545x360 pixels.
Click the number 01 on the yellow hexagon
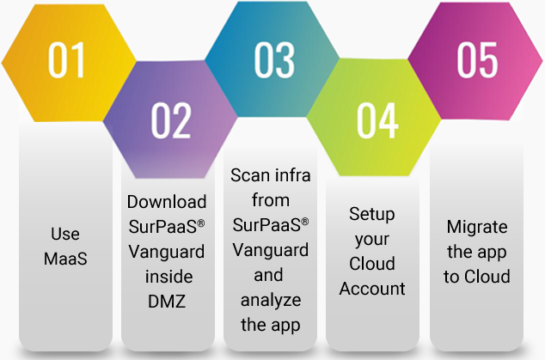click(x=66, y=60)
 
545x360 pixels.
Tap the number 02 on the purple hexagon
click(x=171, y=120)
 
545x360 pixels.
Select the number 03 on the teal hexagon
click(x=274, y=60)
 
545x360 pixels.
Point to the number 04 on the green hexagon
click(x=377, y=120)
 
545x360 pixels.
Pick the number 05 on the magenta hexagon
click(x=477, y=60)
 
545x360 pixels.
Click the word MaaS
click(x=65, y=259)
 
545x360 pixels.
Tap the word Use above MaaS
click(x=65, y=234)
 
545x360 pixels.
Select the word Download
click(x=167, y=202)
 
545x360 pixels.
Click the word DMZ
click(x=167, y=302)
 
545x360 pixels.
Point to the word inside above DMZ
click(x=169, y=277)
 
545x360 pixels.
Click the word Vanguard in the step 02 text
click(x=167, y=253)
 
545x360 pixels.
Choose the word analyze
click(x=271, y=301)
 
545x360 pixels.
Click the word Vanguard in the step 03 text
click(x=271, y=251)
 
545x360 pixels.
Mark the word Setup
click(x=372, y=215)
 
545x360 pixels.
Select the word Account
click(x=372, y=289)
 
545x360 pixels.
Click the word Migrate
click(x=477, y=228)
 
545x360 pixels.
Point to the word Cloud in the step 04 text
click(x=372, y=264)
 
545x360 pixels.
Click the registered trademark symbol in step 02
click(x=201, y=223)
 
